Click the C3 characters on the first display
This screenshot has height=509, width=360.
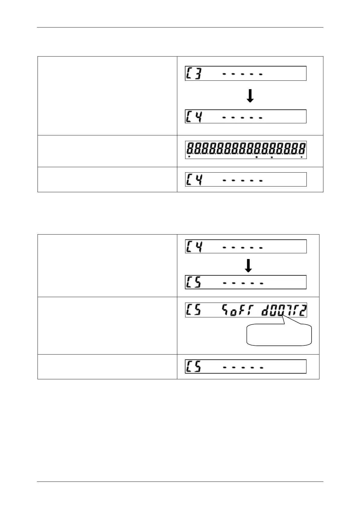(x=194, y=73)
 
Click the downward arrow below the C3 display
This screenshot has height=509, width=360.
(x=250, y=96)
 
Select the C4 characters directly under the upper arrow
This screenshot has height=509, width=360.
(x=194, y=116)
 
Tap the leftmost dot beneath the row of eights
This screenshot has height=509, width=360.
(x=189, y=157)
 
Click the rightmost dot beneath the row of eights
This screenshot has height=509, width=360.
(x=302, y=157)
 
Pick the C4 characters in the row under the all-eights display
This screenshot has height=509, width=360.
(x=194, y=180)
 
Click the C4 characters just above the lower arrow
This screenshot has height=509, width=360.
(x=194, y=246)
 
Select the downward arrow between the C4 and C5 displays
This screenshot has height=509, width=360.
(x=248, y=266)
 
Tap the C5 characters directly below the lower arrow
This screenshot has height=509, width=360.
(x=194, y=282)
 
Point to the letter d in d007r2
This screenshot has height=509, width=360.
(x=265, y=311)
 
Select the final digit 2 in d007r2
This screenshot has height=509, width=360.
(x=303, y=310)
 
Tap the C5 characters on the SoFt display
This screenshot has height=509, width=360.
(x=194, y=310)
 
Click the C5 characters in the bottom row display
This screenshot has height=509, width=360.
(x=194, y=366)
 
